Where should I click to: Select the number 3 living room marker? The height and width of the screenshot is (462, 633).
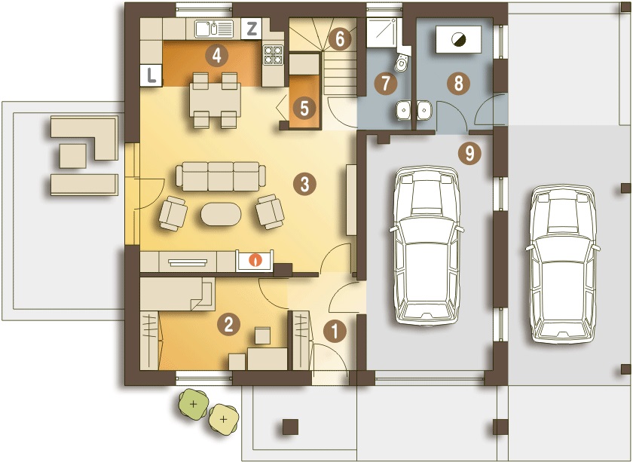(x=304, y=183)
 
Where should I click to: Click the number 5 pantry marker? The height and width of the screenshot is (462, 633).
(x=304, y=108)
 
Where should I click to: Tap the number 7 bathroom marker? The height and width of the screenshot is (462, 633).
(x=387, y=84)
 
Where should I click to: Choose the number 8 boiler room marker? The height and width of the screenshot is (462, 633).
(x=457, y=84)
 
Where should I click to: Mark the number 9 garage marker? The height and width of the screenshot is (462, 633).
(x=469, y=154)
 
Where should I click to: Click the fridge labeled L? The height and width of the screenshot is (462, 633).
(x=152, y=75)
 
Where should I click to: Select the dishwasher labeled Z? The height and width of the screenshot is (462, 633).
(x=252, y=29)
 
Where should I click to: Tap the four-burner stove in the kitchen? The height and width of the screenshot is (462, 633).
(x=272, y=54)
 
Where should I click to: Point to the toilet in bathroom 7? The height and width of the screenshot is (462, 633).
(x=403, y=62)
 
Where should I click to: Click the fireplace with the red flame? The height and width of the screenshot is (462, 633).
(x=256, y=262)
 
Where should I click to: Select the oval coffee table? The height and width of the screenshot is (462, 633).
(x=222, y=214)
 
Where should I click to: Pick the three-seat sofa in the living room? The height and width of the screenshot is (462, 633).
(x=221, y=176)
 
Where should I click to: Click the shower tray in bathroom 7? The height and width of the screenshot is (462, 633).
(x=383, y=32)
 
